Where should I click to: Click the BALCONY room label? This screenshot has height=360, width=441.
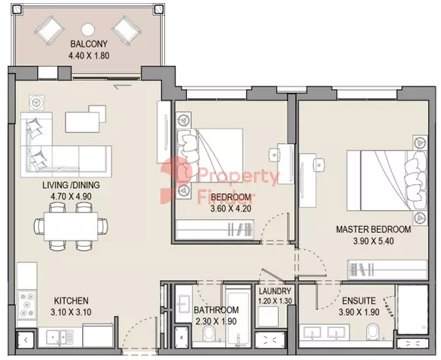89,44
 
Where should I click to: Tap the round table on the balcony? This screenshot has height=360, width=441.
88,30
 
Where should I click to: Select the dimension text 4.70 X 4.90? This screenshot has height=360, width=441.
71,196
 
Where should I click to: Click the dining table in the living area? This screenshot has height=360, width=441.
71,226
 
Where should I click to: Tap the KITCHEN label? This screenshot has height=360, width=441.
71,301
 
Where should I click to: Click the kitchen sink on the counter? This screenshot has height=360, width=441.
59,336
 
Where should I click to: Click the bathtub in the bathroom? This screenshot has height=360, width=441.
238,317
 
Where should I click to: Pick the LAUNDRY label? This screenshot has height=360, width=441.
274,291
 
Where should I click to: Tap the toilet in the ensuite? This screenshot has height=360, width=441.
373,332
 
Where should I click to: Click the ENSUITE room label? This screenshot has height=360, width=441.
359,301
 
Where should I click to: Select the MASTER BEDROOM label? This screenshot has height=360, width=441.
373,229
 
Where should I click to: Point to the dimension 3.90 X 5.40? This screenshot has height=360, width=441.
373,241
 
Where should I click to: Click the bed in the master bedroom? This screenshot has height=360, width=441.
387,180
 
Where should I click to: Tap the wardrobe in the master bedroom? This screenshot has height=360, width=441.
388,269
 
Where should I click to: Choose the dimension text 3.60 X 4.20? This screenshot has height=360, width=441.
230,209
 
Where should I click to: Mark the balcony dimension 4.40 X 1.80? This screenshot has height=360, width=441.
89,56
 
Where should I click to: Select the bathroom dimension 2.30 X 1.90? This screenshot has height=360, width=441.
216,321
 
